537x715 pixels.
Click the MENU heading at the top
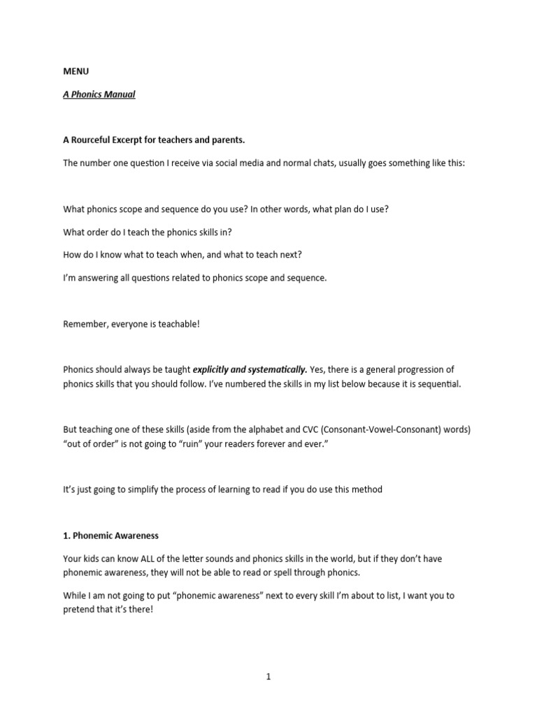coord(76,71)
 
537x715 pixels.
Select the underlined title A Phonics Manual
coord(99,94)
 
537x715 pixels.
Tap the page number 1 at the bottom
coord(268,676)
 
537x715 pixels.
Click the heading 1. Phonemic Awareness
coord(110,536)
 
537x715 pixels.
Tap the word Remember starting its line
coord(85,324)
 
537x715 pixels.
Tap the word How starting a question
coord(72,255)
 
